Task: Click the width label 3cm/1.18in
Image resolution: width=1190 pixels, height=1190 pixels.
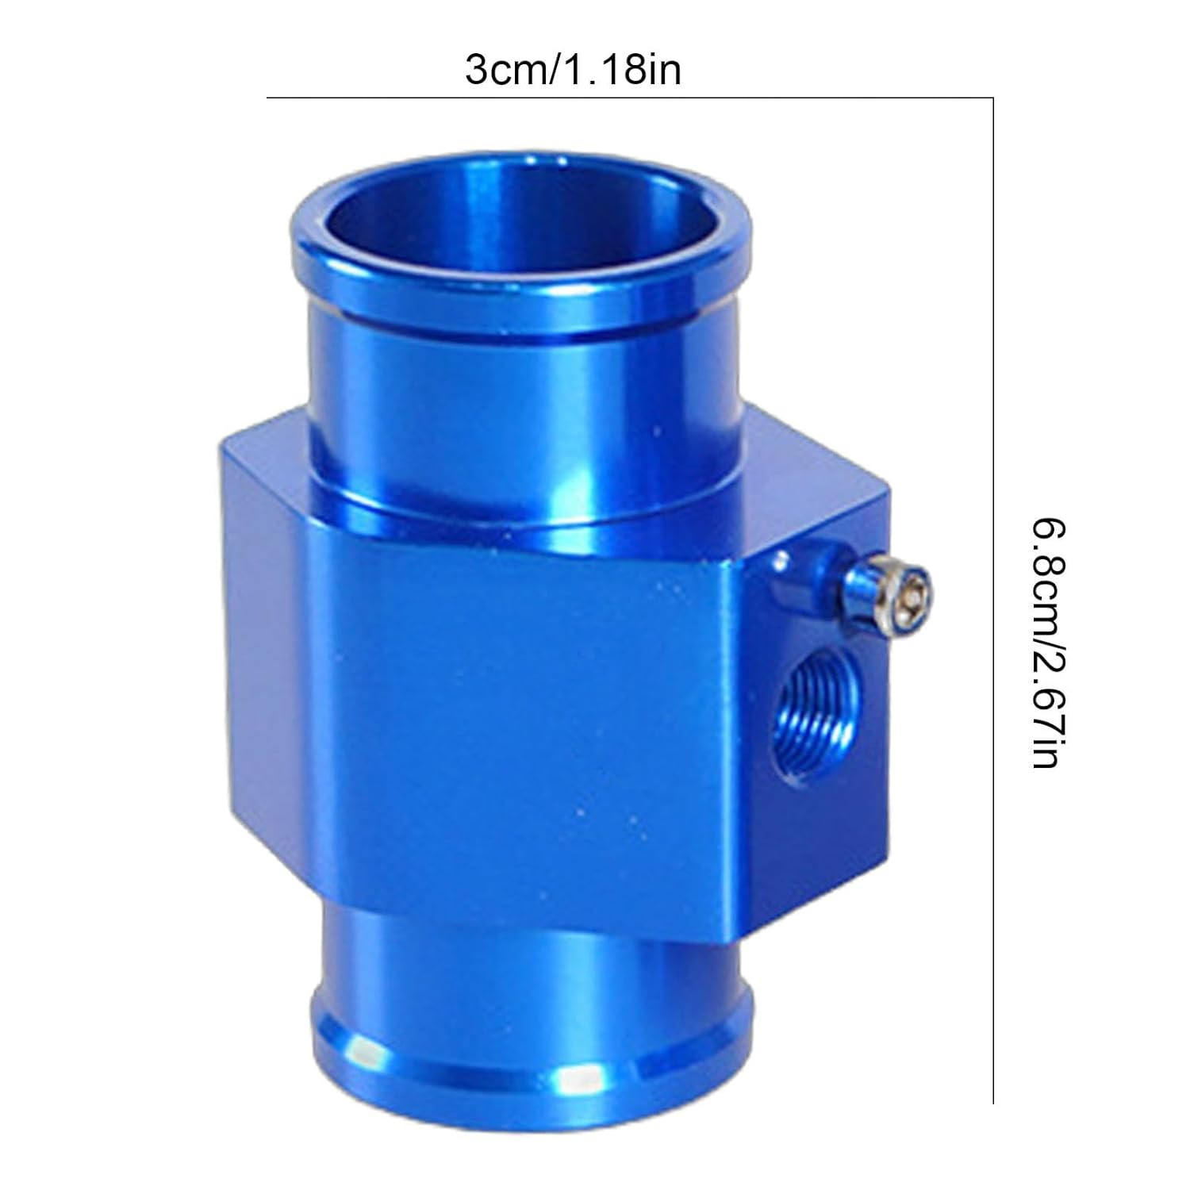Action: (x=573, y=71)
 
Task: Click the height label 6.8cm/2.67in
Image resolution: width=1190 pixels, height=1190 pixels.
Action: (x=1046, y=643)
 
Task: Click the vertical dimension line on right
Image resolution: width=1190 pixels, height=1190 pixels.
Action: (x=993, y=595)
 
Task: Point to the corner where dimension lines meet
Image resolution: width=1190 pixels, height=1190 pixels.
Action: (x=993, y=98)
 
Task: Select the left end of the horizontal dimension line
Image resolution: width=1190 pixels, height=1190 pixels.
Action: (x=268, y=98)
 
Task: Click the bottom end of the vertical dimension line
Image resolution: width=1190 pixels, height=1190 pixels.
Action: (x=993, y=1101)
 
